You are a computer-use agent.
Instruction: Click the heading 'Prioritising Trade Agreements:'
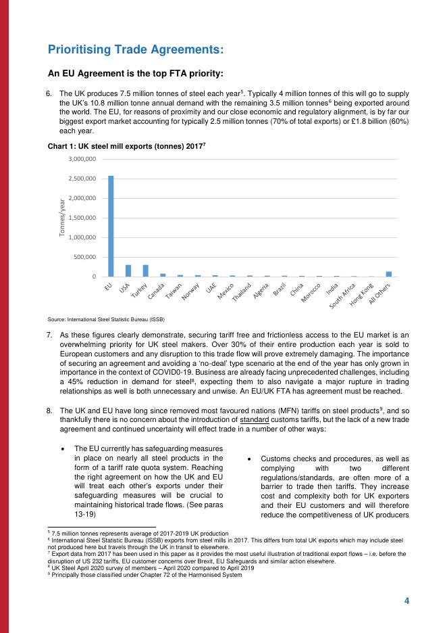[x=136, y=49]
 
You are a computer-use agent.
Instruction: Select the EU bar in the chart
[x=111, y=226]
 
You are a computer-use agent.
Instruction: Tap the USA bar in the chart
[x=128, y=271]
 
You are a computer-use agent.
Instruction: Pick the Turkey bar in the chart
[x=145, y=271]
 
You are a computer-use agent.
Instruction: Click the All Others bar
[x=389, y=274]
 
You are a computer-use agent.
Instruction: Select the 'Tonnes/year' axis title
[x=61, y=218]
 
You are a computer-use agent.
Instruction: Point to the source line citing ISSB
[x=106, y=319]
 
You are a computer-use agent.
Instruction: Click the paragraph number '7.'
[x=49, y=335]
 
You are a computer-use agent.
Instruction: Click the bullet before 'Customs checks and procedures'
[x=250, y=459]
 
